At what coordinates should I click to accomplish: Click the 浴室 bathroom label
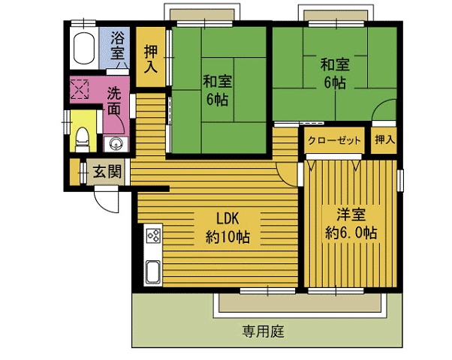point(118,45)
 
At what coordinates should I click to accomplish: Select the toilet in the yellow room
point(83,139)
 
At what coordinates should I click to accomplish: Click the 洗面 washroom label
point(114,101)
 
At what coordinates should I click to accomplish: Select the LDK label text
point(228,218)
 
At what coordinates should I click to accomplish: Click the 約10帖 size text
point(228,238)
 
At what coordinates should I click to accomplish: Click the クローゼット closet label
point(334,141)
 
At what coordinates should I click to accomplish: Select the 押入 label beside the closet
point(384,140)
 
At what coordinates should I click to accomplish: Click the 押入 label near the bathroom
point(151,58)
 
